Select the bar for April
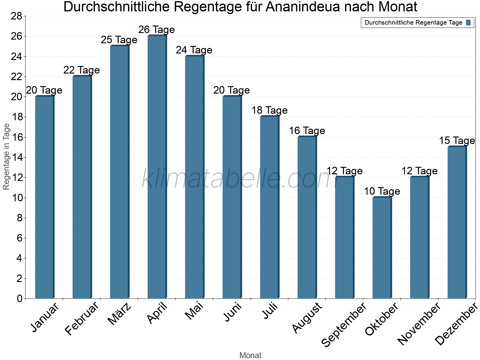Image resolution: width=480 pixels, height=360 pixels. pyautogui.click(x=157, y=167)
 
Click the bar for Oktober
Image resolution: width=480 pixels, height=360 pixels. pyautogui.click(x=382, y=247)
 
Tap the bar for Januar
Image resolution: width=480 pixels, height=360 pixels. pyautogui.click(x=44, y=197)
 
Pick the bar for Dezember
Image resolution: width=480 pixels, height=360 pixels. pyautogui.click(x=457, y=222)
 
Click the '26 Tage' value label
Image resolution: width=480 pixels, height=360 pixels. pyautogui.click(x=157, y=30)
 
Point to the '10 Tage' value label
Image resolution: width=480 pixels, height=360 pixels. pyautogui.click(x=382, y=191)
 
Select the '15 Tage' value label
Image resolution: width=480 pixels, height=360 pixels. pyautogui.click(x=457, y=140)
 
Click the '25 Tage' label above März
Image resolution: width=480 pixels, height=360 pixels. pyautogui.click(x=119, y=40)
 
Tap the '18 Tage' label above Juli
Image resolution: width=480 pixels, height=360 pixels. pyautogui.click(x=269, y=110)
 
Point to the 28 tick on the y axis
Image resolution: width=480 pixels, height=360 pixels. pyautogui.click(x=16, y=16)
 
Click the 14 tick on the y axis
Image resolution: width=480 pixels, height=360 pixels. pyautogui.click(x=16, y=157)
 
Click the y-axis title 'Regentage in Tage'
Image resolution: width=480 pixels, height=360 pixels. pyautogui.click(x=6, y=157)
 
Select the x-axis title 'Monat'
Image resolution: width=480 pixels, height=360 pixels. pyautogui.click(x=250, y=355)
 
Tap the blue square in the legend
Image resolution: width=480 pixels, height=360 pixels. pyautogui.click(x=468, y=22)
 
